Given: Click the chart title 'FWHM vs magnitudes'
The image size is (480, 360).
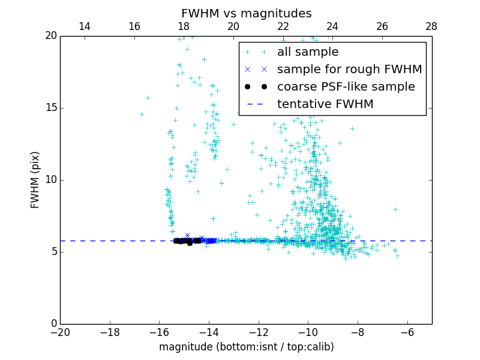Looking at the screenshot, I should click(x=246, y=14).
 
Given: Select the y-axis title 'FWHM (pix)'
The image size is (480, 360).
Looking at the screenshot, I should click(x=35, y=179).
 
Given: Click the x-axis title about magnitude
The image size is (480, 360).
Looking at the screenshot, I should click(x=246, y=347).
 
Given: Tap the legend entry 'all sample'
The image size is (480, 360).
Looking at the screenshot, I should click(x=307, y=52).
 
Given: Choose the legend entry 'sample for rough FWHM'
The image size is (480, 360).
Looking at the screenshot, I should click(x=349, y=70).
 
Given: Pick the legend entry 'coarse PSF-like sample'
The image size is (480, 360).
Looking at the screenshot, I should click(x=346, y=87).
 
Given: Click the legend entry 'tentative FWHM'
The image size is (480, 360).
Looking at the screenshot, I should click(x=325, y=104).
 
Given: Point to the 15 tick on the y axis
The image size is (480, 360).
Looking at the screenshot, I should click(x=50, y=108).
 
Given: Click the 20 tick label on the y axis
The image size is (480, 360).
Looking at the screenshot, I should click(x=50, y=36).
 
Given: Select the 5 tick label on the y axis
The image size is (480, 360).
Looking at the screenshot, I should click(x=53, y=252).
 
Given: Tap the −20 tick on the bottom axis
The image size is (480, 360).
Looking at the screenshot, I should click(x=60, y=332).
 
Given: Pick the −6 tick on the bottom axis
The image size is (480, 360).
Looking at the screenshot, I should click(x=407, y=332).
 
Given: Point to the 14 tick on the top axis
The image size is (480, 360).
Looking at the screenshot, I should click(x=85, y=26).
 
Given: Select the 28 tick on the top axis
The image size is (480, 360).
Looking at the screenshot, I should click(x=431, y=26).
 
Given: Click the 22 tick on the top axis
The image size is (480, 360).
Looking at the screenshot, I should click(x=283, y=26).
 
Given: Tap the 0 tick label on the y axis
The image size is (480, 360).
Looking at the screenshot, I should click(x=53, y=324).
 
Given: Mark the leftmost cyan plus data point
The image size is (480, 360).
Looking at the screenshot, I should click(x=142, y=114).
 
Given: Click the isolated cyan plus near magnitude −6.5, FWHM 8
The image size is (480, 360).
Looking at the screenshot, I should click(x=395, y=209).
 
